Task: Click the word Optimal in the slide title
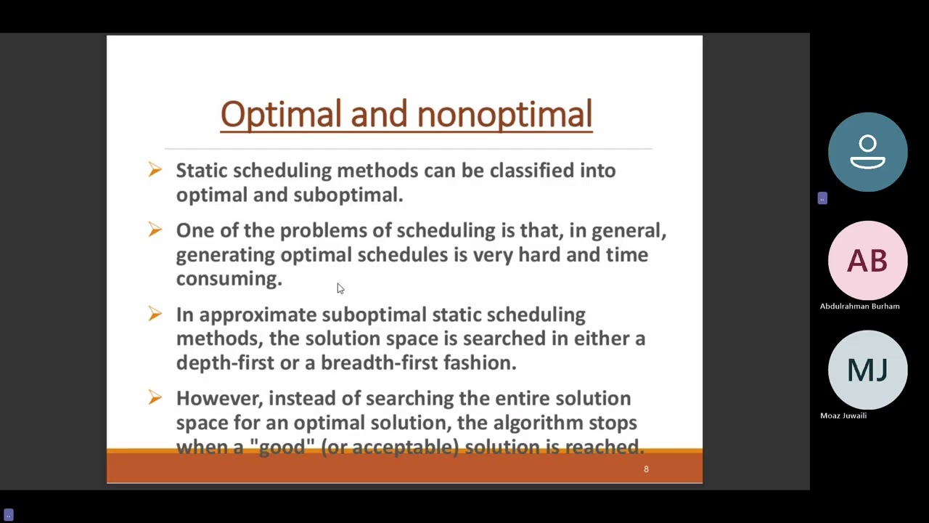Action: coord(280,115)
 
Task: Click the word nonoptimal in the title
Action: coord(504,115)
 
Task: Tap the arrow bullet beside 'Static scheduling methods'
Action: coord(155,170)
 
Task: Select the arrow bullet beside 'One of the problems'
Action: coord(155,230)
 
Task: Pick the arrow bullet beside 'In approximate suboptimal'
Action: coord(155,314)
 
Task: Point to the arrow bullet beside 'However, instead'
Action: coord(155,397)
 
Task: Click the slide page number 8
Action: coord(646,469)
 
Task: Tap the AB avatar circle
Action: coord(867,261)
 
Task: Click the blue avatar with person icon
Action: coord(867,152)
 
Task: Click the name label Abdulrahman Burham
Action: coord(859,307)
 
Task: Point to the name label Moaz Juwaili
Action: coord(843,415)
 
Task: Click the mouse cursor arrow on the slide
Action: coord(340,288)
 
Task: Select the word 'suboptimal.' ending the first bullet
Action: coord(348,195)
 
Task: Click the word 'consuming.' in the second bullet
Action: coord(229,279)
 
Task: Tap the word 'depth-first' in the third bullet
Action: coord(225,362)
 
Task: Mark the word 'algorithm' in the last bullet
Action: coord(538,423)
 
